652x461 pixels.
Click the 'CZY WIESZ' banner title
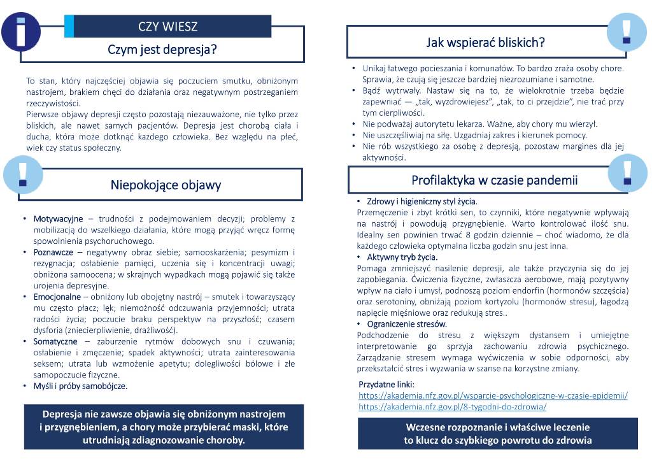click(x=167, y=26)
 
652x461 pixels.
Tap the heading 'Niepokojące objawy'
click(x=166, y=185)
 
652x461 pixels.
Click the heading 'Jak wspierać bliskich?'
click(x=486, y=43)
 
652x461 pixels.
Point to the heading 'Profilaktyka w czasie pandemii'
click(x=494, y=180)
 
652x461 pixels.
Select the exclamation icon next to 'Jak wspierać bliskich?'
click(x=627, y=30)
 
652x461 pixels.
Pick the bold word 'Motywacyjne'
click(x=59, y=218)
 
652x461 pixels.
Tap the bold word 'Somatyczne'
click(x=55, y=341)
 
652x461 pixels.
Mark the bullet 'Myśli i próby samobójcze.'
click(x=80, y=386)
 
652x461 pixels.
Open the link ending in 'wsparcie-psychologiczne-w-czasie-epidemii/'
click(x=493, y=395)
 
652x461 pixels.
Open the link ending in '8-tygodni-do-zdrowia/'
click(x=452, y=406)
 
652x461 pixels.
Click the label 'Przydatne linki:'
click(x=386, y=385)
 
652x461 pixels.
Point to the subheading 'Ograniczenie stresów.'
click(x=407, y=324)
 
